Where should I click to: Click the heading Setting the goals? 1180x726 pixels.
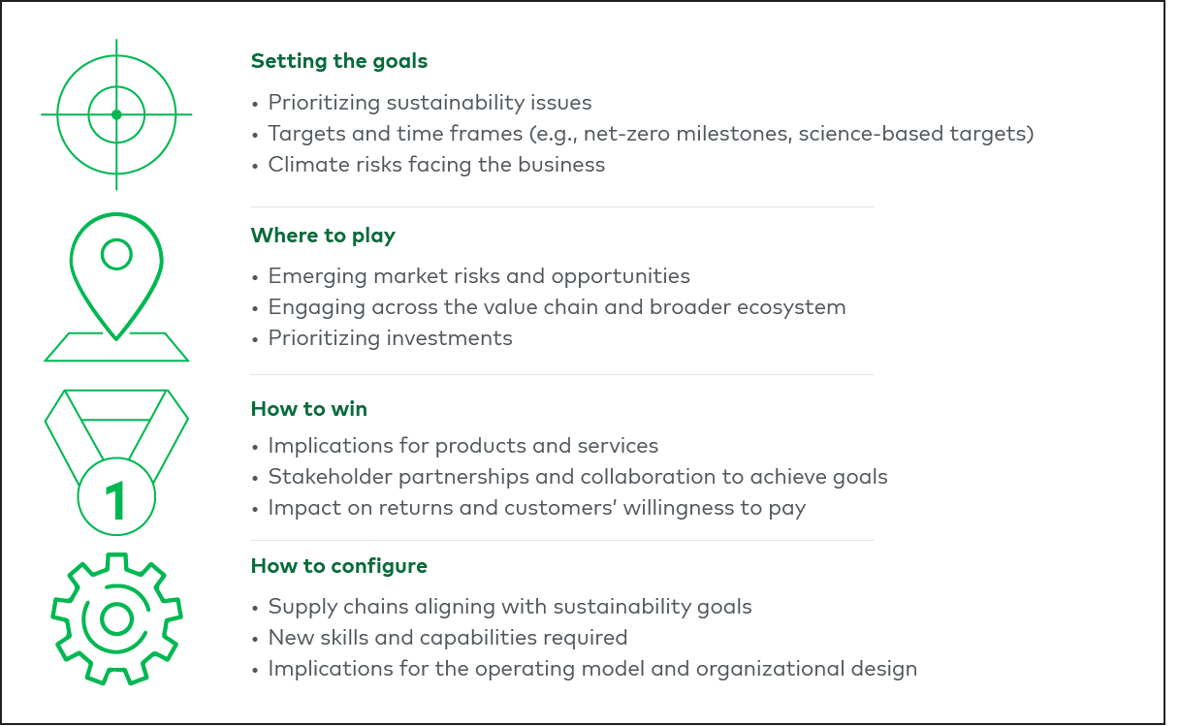pyautogui.click(x=338, y=61)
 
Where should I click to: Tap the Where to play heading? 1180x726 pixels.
pyautogui.click(x=323, y=236)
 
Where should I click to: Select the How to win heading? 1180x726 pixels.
pyautogui.click(x=308, y=409)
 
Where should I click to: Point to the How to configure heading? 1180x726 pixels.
pyautogui.click(x=338, y=566)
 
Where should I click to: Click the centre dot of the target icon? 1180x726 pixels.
pyautogui.click(x=116, y=114)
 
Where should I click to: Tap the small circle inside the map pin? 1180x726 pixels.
pyautogui.click(x=116, y=255)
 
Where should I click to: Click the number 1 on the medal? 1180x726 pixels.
pyautogui.click(x=116, y=501)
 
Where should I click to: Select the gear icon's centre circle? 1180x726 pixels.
pyautogui.click(x=116, y=618)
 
